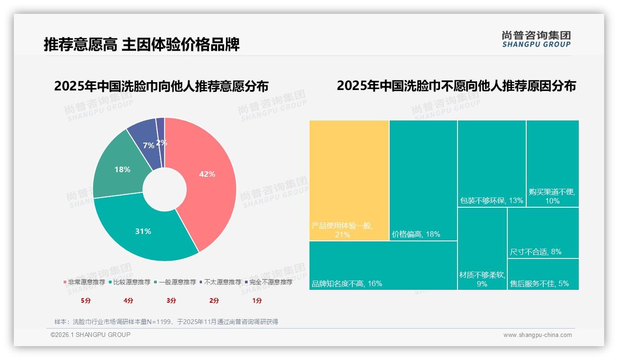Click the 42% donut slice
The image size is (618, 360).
207,174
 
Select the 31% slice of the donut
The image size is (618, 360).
143,231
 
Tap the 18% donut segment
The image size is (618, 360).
123,169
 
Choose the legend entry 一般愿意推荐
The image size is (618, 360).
177,282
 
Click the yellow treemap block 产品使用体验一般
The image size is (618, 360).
349,180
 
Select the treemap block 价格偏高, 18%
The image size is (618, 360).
423,180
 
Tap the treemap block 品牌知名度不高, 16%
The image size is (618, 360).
383,265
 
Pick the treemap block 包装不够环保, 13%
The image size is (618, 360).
492,163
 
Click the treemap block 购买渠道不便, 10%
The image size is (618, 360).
553,163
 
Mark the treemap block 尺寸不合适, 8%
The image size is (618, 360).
543,233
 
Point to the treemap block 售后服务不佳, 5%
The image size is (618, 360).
543,274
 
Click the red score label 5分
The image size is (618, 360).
86,300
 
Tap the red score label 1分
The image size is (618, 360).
257,300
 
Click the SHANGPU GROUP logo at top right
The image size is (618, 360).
536,39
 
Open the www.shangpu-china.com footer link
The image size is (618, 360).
537,335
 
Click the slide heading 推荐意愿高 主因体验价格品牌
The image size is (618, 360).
142,45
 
